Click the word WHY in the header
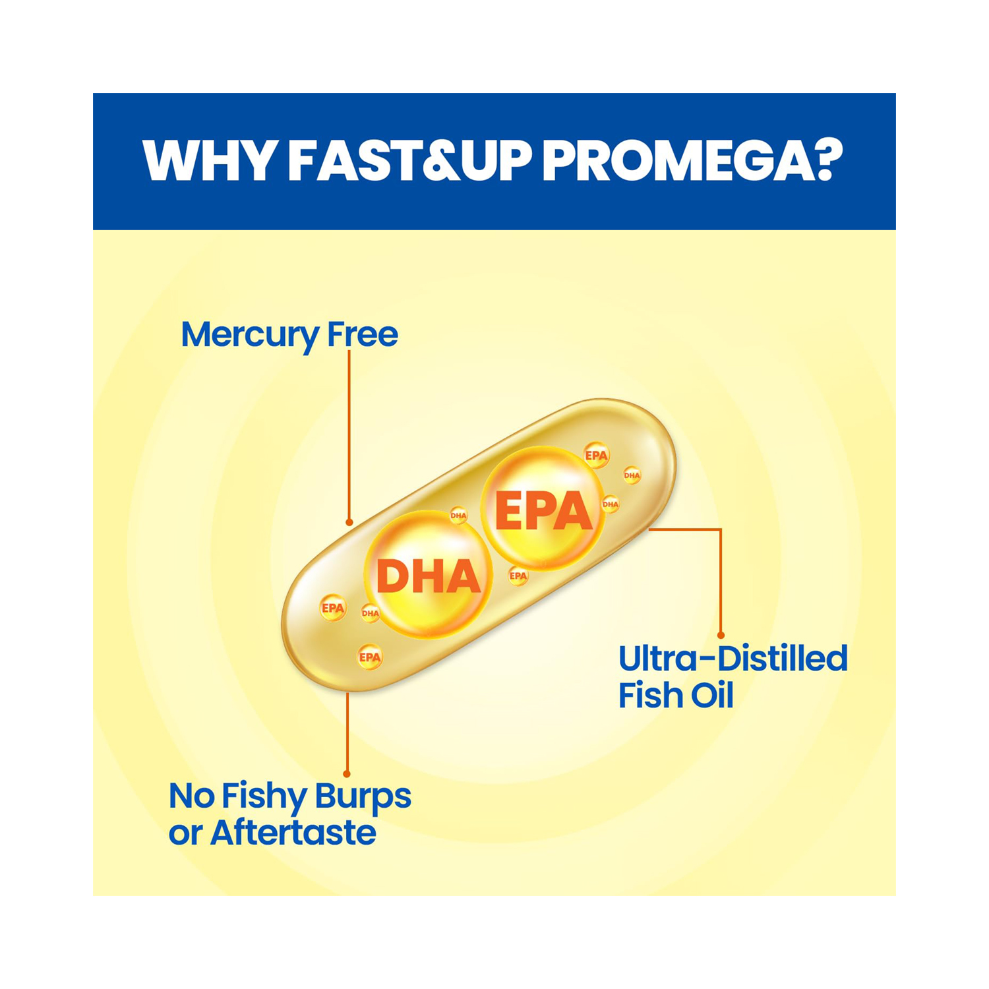209,160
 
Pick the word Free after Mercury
363,334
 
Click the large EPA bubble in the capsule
543,508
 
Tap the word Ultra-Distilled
733,659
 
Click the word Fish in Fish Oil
649,696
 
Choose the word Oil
711,696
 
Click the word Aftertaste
293,833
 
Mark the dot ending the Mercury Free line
349,522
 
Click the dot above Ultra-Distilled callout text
721,635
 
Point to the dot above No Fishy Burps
347,773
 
